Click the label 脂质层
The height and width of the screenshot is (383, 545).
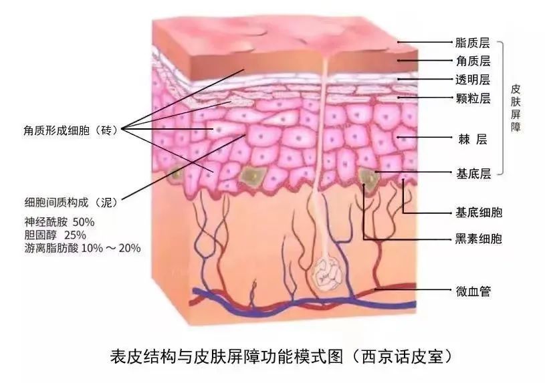(473, 43)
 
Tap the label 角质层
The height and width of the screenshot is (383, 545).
(473, 61)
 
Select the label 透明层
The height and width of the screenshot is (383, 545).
(473, 80)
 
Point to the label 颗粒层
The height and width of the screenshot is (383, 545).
(473, 99)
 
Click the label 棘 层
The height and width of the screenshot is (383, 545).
(473, 140)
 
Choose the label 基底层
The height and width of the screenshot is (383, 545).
(473, 173)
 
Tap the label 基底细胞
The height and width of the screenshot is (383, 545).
(479, 213)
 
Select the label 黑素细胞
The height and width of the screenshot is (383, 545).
(479, 239)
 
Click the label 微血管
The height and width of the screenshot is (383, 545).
(473, 291)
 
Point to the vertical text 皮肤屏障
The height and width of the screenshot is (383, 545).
(515, 108)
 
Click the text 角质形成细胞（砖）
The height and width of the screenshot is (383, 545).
(71, 130)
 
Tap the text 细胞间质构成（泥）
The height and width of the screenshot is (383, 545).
(71, 203)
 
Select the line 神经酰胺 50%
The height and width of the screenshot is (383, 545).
(60, 222)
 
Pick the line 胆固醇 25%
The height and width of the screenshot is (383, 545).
(56, 235)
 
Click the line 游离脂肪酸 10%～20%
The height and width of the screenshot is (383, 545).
(83, 248)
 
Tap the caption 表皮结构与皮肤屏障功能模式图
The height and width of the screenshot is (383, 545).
(227, 356)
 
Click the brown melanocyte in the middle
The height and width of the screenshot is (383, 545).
(253, 175)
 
